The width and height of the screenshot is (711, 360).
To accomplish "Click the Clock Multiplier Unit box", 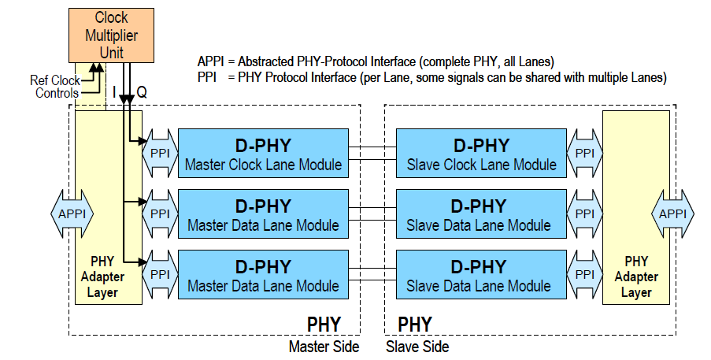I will [111, 35].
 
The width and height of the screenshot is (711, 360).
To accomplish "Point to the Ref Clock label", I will [55, 80].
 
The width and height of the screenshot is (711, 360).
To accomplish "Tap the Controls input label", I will [57, 94].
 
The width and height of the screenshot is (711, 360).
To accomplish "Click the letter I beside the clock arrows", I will [114, 92].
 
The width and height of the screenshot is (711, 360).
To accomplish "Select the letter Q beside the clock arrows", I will [141, 92].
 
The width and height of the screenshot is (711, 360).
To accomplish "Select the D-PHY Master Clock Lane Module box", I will [263, 154].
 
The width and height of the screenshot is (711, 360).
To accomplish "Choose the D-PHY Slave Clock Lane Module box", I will [481, 154].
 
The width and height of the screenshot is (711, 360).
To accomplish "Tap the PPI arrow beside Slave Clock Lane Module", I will [584, 153].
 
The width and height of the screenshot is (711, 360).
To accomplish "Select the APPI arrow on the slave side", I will [672, 213].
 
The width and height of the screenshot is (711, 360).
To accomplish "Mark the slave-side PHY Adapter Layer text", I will [636, 276].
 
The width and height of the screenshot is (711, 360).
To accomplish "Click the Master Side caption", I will [324, 347].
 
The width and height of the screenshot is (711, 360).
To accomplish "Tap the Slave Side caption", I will [417, 347].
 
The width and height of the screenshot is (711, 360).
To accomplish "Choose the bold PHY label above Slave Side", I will [415, 324].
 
